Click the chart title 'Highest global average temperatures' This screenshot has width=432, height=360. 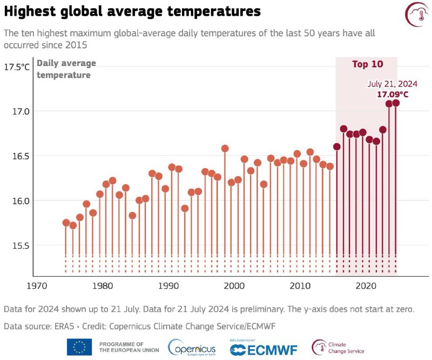[132, 11]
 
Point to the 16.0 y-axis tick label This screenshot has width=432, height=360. [20, 201]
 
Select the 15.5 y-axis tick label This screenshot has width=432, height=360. [20, 245]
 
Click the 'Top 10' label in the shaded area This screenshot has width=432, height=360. [368, 64]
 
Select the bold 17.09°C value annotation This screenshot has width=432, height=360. [393, 95]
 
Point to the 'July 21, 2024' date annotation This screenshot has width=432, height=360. [393, 84]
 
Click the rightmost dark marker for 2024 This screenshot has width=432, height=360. [396, 103]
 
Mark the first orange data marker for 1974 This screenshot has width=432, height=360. [66, 223]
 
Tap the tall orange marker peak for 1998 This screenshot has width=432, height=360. [225, 148]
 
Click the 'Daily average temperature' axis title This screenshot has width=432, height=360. [66, 69]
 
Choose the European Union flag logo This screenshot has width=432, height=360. [79, 347]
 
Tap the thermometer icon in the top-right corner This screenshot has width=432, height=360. [415, 13]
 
